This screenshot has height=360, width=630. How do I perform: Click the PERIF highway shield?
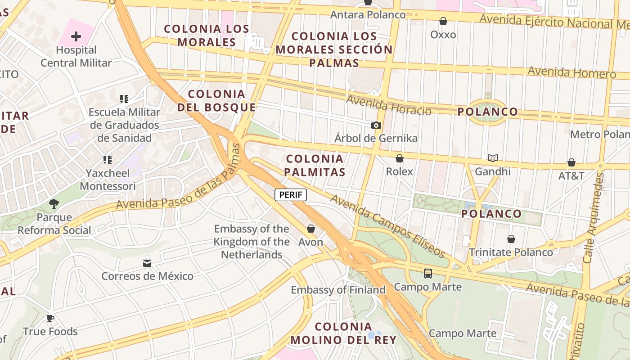(291, 195)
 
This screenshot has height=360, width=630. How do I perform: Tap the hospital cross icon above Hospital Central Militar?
(76, 36)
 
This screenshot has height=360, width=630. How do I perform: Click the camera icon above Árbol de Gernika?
(376, 125)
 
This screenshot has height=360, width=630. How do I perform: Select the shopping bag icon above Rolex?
(399, 158)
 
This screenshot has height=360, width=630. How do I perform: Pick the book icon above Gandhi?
(493, 158)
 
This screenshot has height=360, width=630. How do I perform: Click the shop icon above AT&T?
(571, 162)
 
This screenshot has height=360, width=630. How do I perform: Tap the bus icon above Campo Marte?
(427, 273)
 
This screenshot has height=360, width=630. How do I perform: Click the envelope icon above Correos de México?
(147, 263)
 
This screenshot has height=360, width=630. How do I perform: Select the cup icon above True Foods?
(50, 319)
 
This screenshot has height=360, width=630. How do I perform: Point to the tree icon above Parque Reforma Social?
(54, 204)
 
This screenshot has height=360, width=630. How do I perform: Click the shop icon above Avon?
(310, 229)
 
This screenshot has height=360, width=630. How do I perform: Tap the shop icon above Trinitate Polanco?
(511, 239)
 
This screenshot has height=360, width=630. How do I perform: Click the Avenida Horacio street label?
(388, 105)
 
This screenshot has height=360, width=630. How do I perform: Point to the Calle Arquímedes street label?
(593, 217)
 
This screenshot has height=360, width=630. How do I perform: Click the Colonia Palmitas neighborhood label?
(315, 165)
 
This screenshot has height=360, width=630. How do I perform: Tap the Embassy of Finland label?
(338, 290)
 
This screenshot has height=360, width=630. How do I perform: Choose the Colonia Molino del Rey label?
(343, 333)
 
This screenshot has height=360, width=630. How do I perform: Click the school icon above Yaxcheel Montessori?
(108, 159)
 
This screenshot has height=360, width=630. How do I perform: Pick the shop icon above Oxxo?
(443, 21)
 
